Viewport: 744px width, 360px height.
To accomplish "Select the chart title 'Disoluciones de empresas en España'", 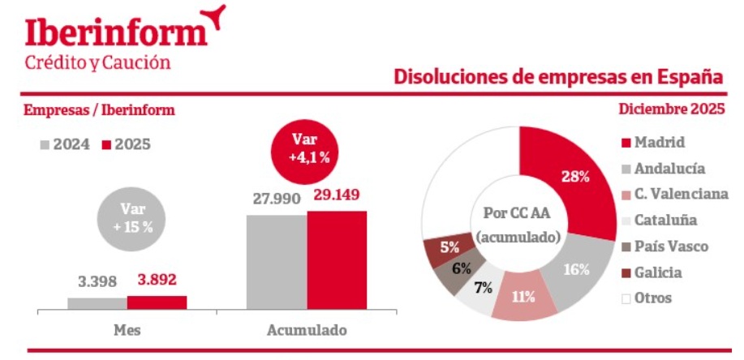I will (x=558, y=77).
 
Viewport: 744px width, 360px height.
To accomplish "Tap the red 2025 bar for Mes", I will (x=157, y=302).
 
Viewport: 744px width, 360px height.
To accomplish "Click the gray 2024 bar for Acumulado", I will (x=277, y=262).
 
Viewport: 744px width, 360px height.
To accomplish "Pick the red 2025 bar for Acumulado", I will (x=337, y=260).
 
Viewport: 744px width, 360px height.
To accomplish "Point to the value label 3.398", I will (x=97, y=282).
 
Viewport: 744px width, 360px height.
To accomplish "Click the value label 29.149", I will (x=336, y=195).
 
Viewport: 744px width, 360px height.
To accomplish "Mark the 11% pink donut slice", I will (x=524, y=295).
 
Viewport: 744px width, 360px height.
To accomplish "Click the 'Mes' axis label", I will (x=127, y=331).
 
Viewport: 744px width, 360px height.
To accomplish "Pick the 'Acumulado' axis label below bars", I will (x=307, y=331).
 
